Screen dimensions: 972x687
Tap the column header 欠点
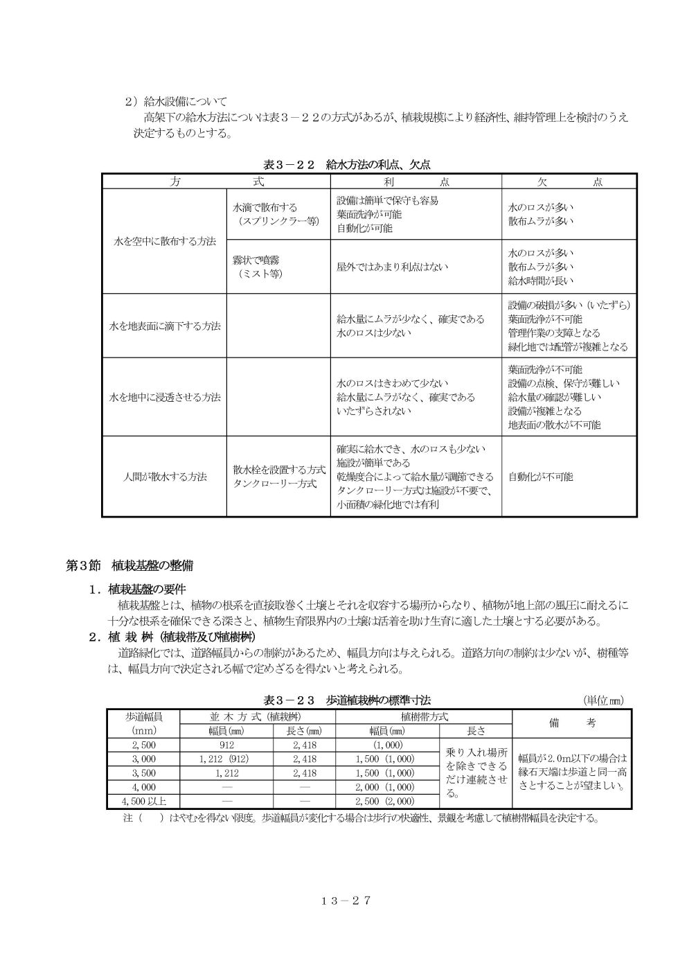[569, 182]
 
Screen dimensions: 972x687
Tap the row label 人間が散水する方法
[165, 477]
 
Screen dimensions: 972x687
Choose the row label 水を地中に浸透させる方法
[165, 397]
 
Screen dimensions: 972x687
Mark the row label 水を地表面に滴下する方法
[165, 326]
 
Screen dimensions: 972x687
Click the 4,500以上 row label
[143, 802]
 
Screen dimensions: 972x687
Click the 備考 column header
[572, 723]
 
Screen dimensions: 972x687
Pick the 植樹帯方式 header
[424, 716]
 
